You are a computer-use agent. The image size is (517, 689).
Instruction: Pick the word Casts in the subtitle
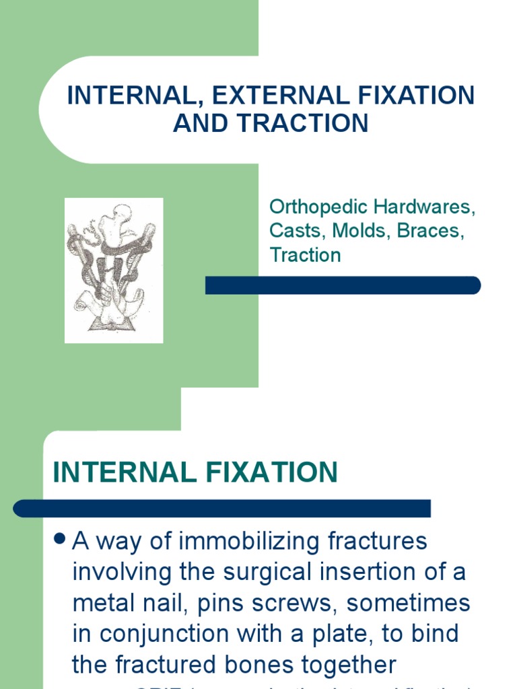[296, 231]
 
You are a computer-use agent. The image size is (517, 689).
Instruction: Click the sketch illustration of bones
[113, 270]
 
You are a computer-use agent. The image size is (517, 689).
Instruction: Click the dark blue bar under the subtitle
[343, 285]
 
